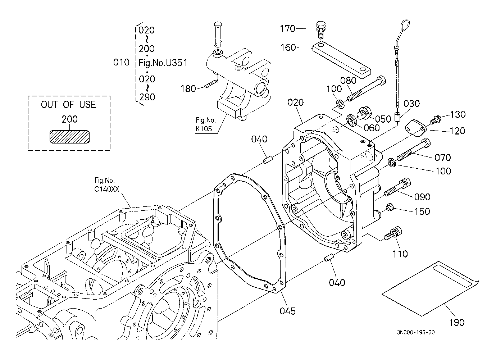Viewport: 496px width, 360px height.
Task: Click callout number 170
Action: click(x=287, y=28)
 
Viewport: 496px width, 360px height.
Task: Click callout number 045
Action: click(x=288, y=311)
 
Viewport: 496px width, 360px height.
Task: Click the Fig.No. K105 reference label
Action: click(x=206, y=124)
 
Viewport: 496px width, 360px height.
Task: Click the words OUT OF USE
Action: click(x=68, y=105)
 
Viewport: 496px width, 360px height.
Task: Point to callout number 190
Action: click(x=456, y=322)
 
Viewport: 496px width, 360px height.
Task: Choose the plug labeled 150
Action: click(x=389, y=207)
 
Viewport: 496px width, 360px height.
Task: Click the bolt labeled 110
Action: click(x=393, y=234)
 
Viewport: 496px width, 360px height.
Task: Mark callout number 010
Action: click(x=121, y=62)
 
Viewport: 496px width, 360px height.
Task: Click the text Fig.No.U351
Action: click(x=163, y=63)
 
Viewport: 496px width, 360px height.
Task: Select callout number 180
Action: click(x=188, y=88)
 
